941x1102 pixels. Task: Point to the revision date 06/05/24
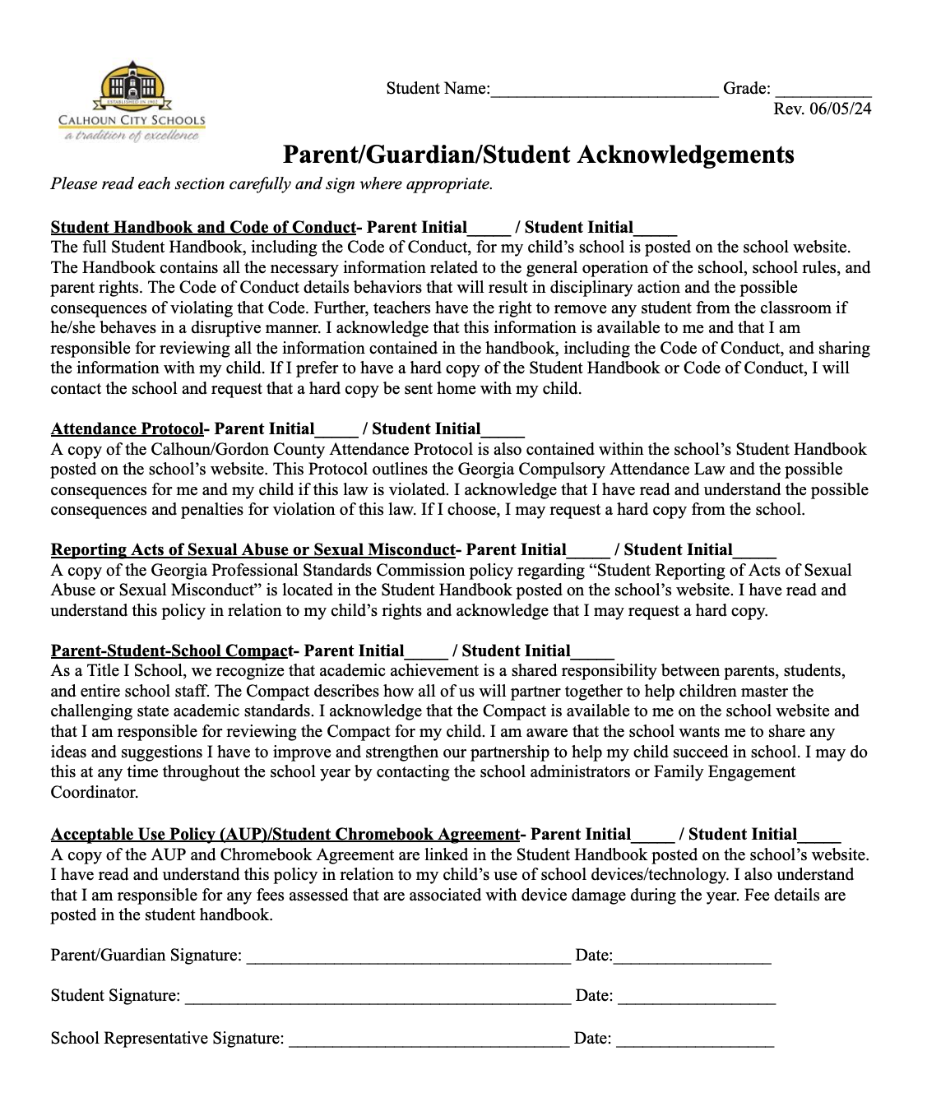click(823, 109)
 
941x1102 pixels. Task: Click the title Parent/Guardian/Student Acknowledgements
click(538, 155)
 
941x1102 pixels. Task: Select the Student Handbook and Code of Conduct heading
click(202, 228)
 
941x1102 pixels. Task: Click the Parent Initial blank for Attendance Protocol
click(337, 430)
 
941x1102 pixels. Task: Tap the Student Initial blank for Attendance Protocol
click(503, 430)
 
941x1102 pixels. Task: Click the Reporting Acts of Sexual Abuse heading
click(253, 550)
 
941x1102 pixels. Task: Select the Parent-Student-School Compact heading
click(171, 651)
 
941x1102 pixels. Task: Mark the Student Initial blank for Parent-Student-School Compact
click(592, 653)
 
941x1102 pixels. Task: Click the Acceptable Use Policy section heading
click(285, 835)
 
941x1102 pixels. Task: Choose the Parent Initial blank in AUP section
click(653, 836)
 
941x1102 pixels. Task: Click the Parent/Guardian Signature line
click(408, 956)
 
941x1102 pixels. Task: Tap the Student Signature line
click(378, 997)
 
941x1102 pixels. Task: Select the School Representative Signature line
click(429, 1039)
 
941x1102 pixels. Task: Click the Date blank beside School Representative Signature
click(695, 1039)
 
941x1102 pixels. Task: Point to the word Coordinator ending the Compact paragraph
click(94, 793)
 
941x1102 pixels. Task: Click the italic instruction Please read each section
click(271, 184)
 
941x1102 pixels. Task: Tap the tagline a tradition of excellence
click(132, 136)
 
